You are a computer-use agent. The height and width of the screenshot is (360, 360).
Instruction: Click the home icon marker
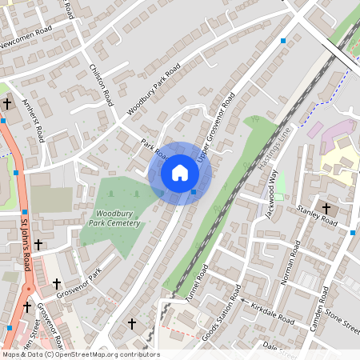(179, 173)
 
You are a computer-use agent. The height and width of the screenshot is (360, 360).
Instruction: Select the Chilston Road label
(102, 85)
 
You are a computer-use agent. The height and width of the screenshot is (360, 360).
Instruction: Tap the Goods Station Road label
(221, 318)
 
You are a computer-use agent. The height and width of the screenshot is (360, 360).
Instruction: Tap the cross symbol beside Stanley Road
(326, 208)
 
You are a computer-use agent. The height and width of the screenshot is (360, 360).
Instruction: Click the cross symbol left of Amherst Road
(7, 103)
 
